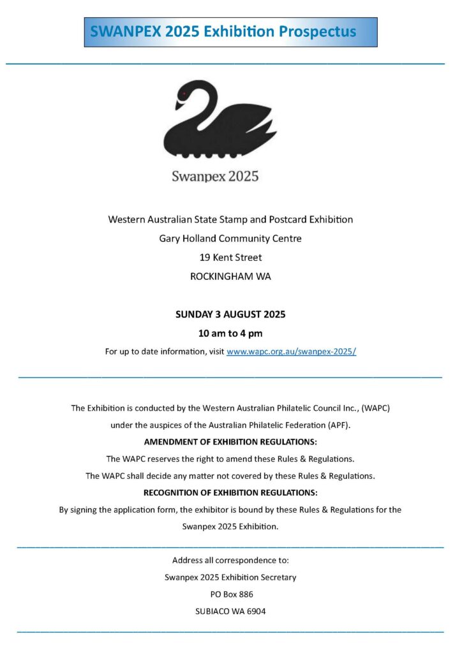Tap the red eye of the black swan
(x=184, y=94)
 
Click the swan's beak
(x=179, y=104)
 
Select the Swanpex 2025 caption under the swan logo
(x=215, y=176)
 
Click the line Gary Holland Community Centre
(x=230, y=238)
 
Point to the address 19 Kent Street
(x=230, y=258)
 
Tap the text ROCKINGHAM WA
(x=230, y=277)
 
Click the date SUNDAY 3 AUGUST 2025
(x=230, y=314)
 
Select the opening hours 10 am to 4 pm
(x=230, y=333)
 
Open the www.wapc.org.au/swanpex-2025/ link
(x=291, y=351)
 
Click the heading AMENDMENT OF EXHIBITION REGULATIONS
(x=230, y=441)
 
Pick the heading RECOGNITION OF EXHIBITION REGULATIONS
(x=230, y=492)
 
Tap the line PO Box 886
(x=230, y=594)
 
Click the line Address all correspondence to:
(x=230, y=561)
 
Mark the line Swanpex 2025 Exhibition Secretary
(x=230, y=577)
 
